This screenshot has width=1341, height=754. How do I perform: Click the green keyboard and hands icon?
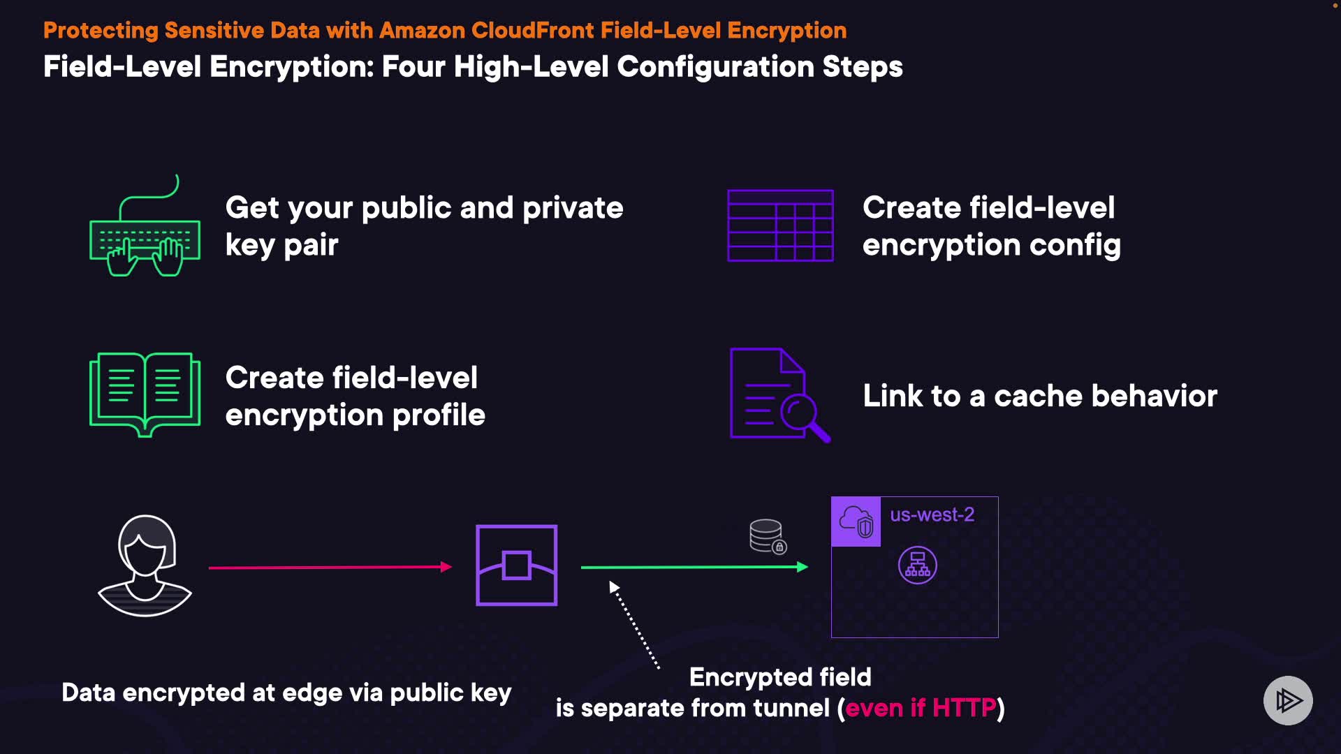click(145, 227)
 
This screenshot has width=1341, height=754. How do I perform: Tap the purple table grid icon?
click(780, 226)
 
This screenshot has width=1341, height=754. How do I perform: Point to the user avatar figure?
click(145, 565)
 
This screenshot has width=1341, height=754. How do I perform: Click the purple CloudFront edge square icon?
click(516, 565)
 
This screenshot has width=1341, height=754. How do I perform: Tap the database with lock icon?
click(768, 536)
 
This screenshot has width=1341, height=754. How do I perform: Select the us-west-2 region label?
click(932, 515)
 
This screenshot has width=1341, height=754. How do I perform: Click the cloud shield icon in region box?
click(856, 522)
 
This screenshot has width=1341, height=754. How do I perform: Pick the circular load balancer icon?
click(917, 565)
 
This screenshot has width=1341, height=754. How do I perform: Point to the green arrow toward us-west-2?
click(694, 568)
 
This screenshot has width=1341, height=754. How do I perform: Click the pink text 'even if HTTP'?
click(921, 708)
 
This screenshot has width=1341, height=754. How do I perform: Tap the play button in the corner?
click(1288, 700)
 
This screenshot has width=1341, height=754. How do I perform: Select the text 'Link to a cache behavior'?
click(1040, 396)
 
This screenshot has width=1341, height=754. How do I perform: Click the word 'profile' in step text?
click(439, 415)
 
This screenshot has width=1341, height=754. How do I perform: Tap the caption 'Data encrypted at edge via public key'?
click(286, 693)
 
